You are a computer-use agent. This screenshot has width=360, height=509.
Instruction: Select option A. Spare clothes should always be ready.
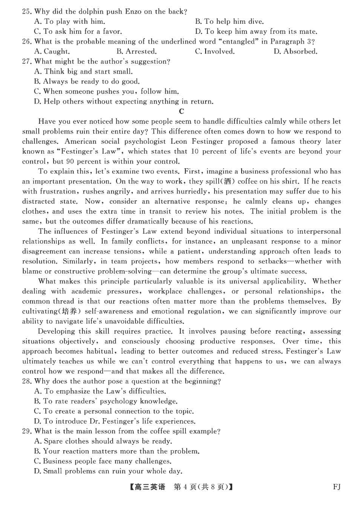tap(103, 442)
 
